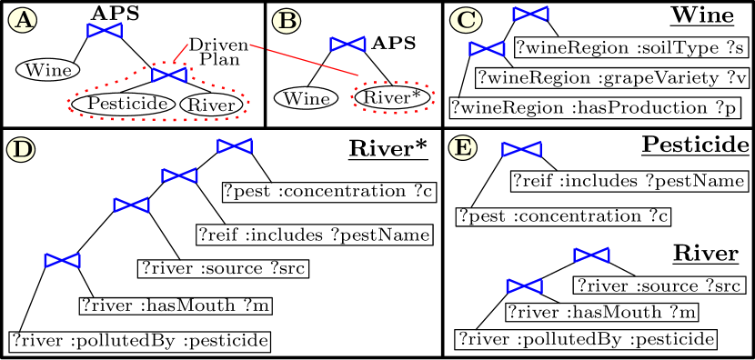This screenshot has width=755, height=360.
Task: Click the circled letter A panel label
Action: pos(23,20)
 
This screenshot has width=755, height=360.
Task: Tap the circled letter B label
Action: pos(286,21)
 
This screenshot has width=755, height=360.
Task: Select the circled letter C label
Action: pos(466,20)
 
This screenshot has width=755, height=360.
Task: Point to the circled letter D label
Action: pos(21,149)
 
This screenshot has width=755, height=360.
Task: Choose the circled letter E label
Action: pos(462,147)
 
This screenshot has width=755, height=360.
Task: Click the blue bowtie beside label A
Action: pos(105,31)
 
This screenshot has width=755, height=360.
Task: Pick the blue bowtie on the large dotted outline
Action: pos(169,75)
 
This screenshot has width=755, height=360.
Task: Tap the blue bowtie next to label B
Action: pos(347,45)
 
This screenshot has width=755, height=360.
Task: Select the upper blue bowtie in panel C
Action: pos(530,14)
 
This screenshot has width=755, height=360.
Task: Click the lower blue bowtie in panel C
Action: pos(487,49)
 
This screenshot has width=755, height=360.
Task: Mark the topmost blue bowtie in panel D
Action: pos(235,146)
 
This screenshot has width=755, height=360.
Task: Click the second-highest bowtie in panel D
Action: pos(179,175)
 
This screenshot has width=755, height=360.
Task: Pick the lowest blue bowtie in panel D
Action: pos(62,261)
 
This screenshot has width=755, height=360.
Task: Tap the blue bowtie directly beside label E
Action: pos(521,149)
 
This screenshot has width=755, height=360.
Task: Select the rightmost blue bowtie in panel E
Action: pos(591,255)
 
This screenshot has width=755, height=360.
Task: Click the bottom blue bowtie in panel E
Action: pos(524,286)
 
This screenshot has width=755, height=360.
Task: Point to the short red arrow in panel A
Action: pos(181,52)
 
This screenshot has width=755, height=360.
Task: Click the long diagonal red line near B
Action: pos(304,60)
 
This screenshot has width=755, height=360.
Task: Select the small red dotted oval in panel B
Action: pos(393,83)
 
